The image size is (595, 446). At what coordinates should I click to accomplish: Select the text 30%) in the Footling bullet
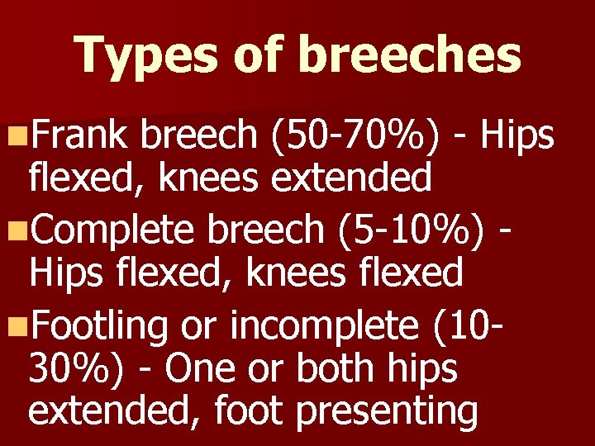(69, 368)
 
